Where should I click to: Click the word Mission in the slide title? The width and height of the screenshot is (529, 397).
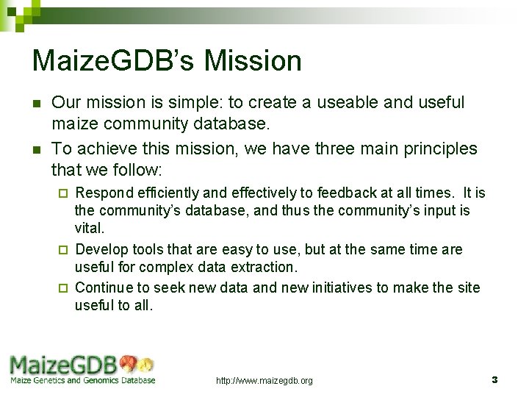253,61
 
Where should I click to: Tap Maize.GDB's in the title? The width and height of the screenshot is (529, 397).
115,61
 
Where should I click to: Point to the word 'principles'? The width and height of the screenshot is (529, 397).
436,149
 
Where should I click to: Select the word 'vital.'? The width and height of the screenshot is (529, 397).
90,229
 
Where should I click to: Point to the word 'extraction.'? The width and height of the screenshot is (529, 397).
260,267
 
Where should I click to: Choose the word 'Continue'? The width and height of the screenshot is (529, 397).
104,287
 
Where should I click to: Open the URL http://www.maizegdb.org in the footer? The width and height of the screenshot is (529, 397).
264,381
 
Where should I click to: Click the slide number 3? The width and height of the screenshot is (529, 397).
494,380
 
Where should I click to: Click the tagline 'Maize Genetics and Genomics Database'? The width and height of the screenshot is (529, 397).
82,380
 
